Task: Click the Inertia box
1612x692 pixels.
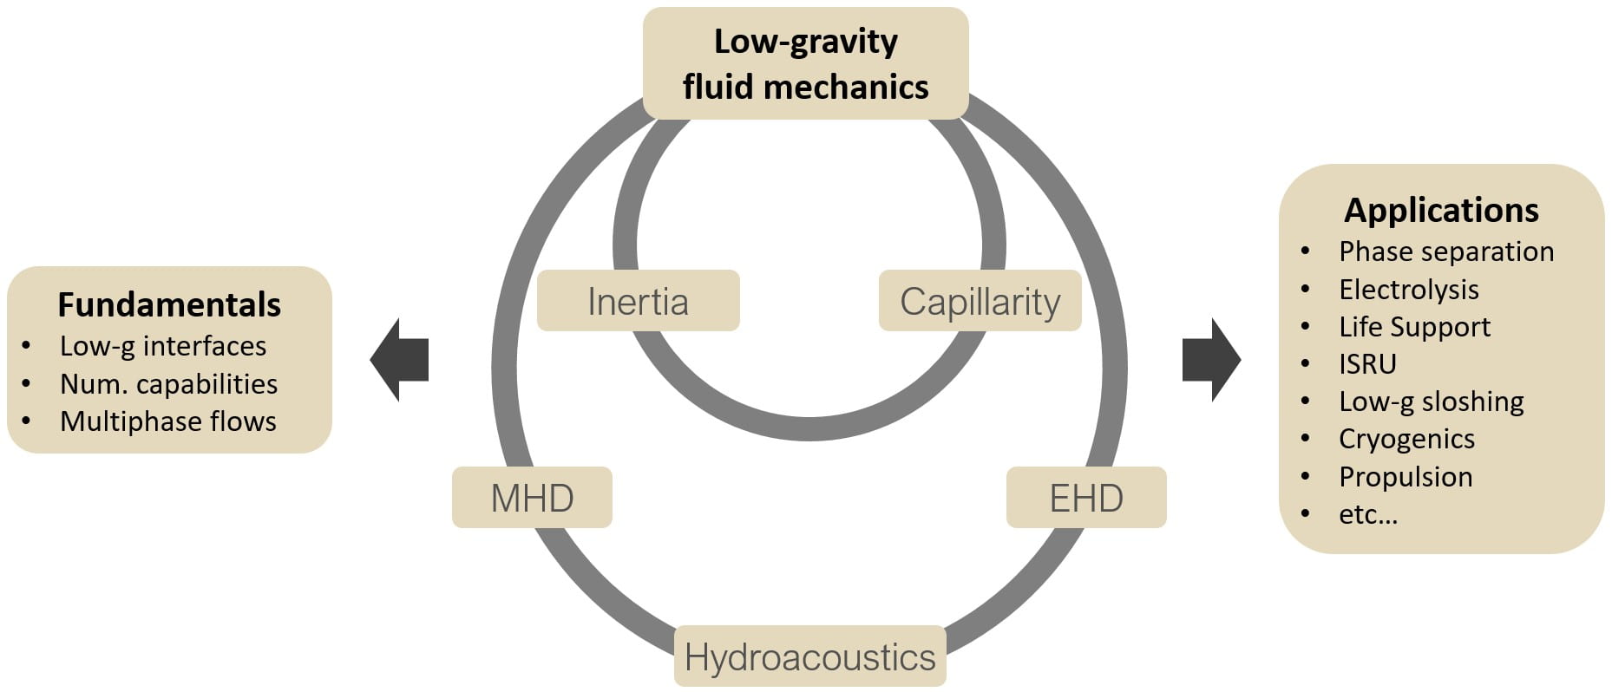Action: click(638, 301)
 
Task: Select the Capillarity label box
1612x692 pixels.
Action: click(980, 301)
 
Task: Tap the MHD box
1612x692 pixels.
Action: click(532, 498)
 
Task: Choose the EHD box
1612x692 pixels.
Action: click(1086, 498)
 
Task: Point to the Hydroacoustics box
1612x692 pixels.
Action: click(809, 656)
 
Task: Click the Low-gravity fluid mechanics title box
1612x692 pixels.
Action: click(805, 63)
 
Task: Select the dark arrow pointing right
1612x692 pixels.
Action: click(1211, 359)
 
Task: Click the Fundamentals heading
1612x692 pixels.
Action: click(169, 304)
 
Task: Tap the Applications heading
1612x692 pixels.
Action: click(1441, 210)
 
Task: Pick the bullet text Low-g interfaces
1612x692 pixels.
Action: click(163, 346)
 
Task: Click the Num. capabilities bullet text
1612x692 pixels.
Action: click(168, 383)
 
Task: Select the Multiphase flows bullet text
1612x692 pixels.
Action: click(168, 421)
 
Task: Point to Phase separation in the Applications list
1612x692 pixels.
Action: click(1446, 251)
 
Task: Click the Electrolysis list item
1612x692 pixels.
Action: click(1409, 289)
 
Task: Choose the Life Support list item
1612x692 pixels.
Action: click(1414, 327)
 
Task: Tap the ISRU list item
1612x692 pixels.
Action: click(1367, 364)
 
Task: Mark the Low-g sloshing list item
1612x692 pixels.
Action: click(1432, 401)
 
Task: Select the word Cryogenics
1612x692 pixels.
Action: click(1406, 439)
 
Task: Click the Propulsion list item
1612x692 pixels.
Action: click(1406, 477)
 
